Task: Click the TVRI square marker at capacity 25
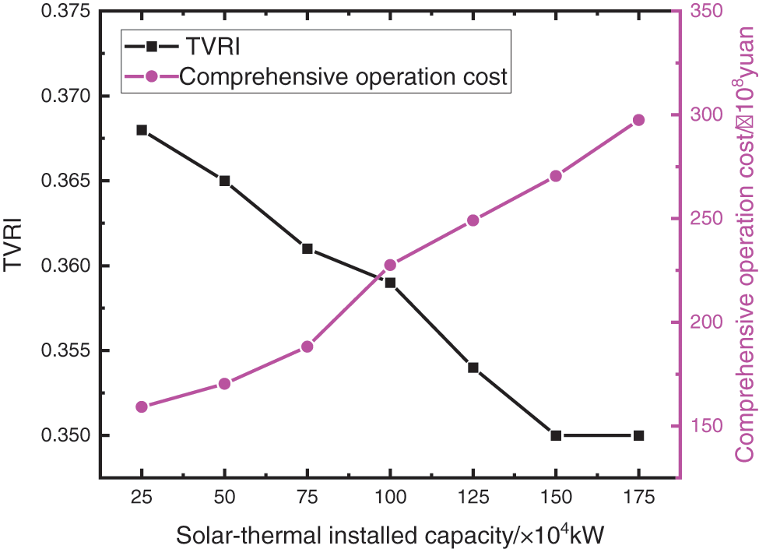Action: point(142,130)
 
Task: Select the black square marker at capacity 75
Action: point(307,249)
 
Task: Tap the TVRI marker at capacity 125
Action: point(473,368)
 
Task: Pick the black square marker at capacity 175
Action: point(638,435)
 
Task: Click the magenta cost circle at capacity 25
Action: point(142,406)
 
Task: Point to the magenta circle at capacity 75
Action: point(307,347)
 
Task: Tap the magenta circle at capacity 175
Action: point(638,120)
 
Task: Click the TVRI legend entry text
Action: point(209,47)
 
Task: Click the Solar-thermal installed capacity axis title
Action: point(390,535)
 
